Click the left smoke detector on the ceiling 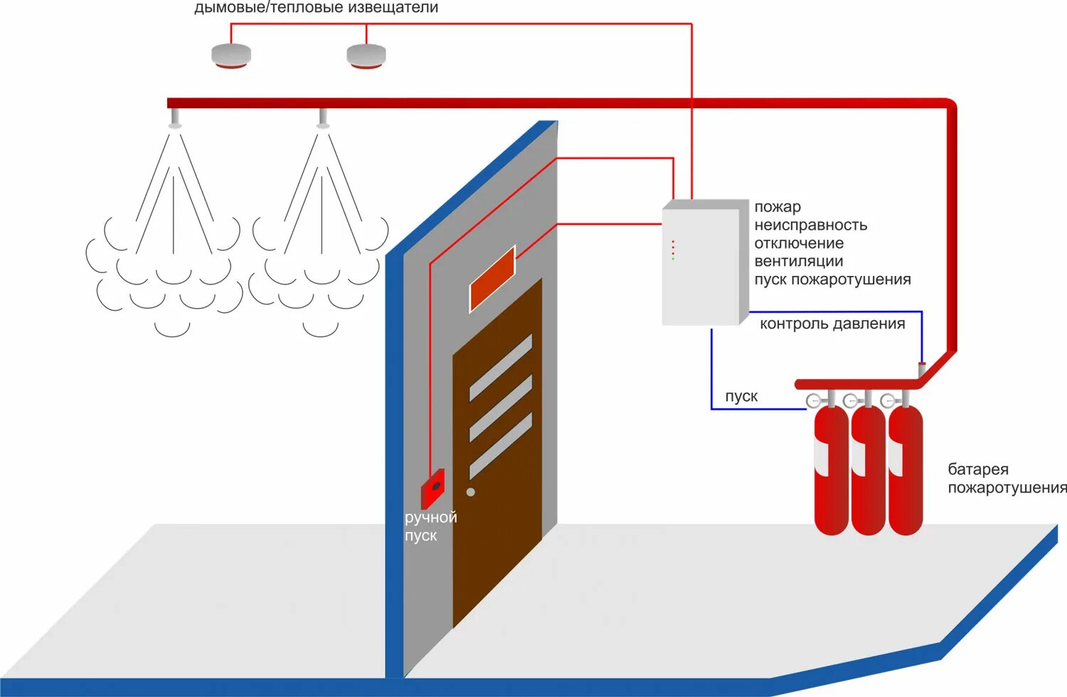pyautogui.click(x=231, y=55)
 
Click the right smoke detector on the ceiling pyautogui.click(x=366, y=55)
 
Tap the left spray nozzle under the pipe pyautogui.click(x=174, y=119)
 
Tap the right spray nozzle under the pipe pyautogui.click(x=323, y=119)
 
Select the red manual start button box pyautogui.click(x=432, y=488)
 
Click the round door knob pyautogui.click(x=470, y=492)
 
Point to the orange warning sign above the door pyautogui.click(x=492, y=279)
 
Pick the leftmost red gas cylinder pyautogui.click(x=831, y=469)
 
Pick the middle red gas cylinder pyautogui.click(x=868, y=469)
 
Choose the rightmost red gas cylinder pyautogui.click(x=905, y=469)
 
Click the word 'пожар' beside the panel pyautogui.click(x=777, y=207)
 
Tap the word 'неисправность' pyautogui.click(x=810, y=225)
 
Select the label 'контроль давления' pyautogui.click(x=832, y=324)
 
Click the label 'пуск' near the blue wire pyautogui.click(x=741, y=397)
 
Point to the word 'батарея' pyautogui.click(x=978, y=469)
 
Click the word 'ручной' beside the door pyautogui.click(x=430, y=518)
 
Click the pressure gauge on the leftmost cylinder pyautogui.click(x=814, y=401)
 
